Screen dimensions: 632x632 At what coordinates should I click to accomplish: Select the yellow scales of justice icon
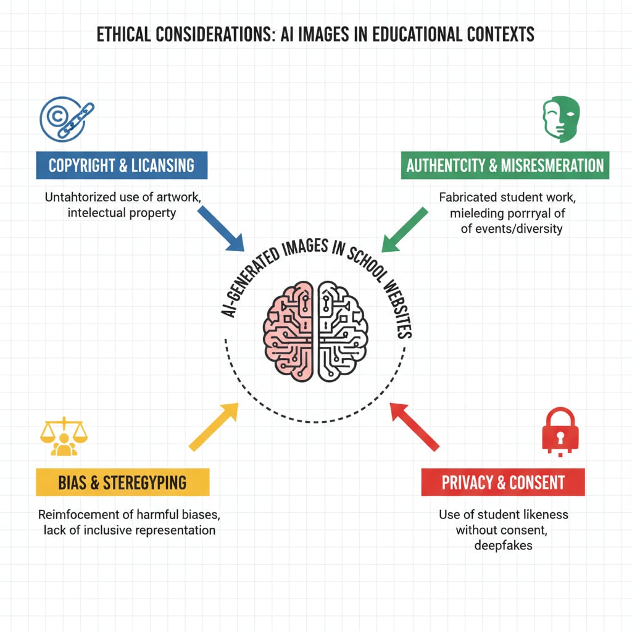64,437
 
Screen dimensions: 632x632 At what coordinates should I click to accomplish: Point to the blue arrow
222,228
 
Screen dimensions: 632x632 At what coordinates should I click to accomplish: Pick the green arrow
404,230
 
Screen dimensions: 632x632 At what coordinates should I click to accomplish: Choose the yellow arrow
214,426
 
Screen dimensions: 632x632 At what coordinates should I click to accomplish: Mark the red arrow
414,426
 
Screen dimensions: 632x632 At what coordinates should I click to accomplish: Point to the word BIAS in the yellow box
72,482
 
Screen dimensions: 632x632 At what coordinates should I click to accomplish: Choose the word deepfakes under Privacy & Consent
503,545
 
